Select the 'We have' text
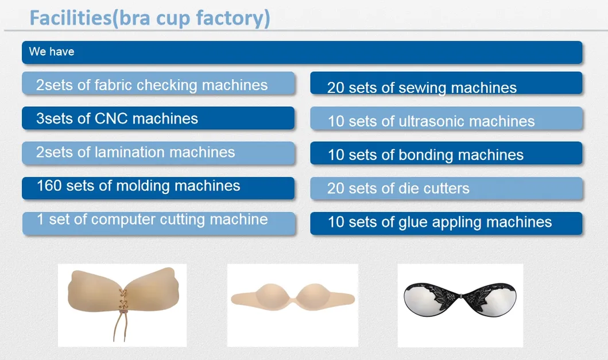pyautogui.click(x=52, y=52)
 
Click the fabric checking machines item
pyautogui.click(x=152, y=85)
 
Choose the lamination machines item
pyautogui.click(x=136, y=152)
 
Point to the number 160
pyautogui.click(x=49, y=185)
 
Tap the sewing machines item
pyautogui.click(x=422, y=88)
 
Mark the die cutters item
pyautogui.click(x=398, y=188)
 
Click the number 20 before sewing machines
pyautogui.click(x=336, y=88)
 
